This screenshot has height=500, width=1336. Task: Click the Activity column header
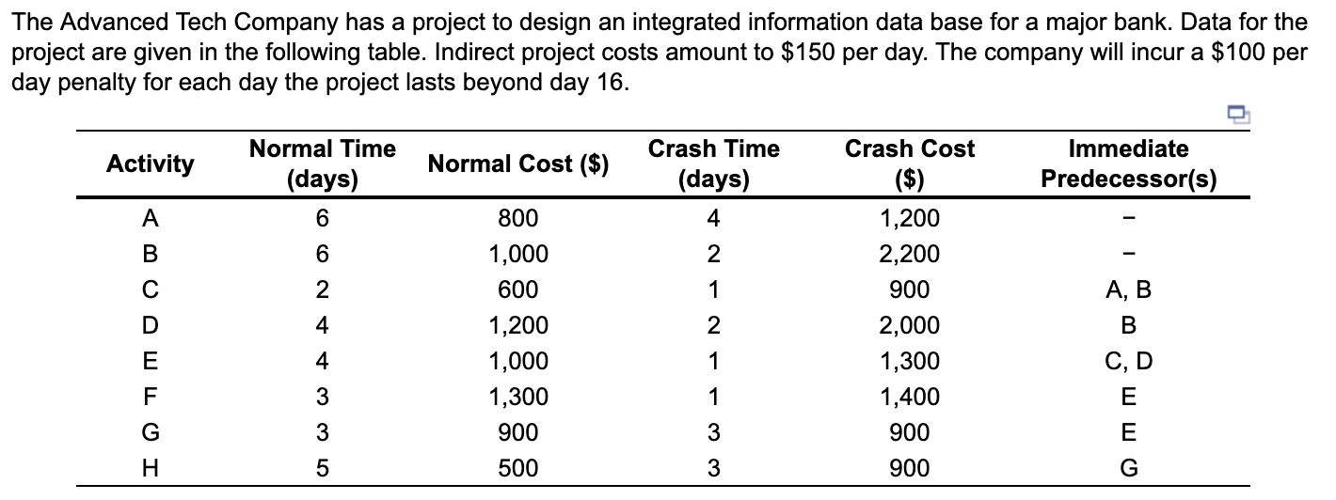tap(151, 164)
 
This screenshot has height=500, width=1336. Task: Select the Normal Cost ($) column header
tap(518, 164)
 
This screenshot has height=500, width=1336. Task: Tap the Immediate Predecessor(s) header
tap(1128, 164)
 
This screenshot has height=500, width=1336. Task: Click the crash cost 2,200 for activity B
tap(910, 255)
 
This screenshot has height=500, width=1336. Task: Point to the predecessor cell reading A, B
tap(1128, 290)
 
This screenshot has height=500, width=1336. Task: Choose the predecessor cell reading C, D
tap(1128, 362)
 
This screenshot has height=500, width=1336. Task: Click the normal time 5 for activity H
tap(323, 468)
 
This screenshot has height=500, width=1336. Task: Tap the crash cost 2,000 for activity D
tap(910, 326)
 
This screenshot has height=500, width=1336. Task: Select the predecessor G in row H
tap(1128, 468)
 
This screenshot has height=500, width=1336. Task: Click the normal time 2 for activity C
tap(323, 290)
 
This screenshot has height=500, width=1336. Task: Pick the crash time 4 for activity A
tap(713, 219)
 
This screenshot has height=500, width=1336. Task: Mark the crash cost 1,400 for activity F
tap(910, 398)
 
